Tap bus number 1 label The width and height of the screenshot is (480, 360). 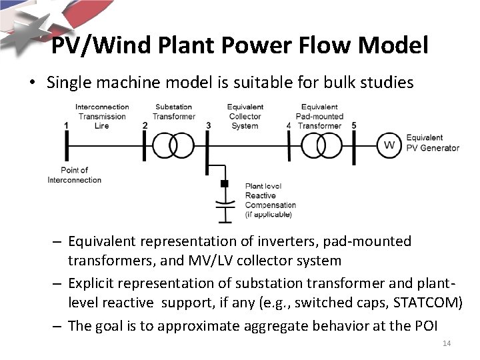click(x=66, y=125)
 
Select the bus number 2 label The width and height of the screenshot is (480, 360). click(x=145, y=125)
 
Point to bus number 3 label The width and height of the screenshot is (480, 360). click(x=209, y=125)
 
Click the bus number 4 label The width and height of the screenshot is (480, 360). click(x=288, y=125)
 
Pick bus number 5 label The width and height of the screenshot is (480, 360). click(x=354, y=125)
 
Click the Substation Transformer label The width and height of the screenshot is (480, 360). click(x=173, y=111)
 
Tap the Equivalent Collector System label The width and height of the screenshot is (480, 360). click(x=245, y=116)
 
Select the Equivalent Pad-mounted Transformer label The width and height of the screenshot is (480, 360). click(x=319, y=116)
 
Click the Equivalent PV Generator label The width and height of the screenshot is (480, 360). click(x=432, y=143)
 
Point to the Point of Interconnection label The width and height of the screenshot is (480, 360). click(x=75, y=175)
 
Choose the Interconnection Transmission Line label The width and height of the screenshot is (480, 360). click(x=102, y=116)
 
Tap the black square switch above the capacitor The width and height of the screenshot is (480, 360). click(x=225, y=184)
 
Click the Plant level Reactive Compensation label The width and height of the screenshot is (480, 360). click(x=270, y=200)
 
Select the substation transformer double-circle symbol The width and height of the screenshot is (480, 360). click(x=173, y=145)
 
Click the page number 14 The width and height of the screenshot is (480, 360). click(x=447, y=343)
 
